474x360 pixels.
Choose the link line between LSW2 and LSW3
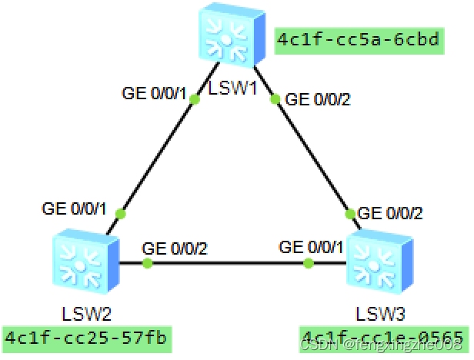(231, 264)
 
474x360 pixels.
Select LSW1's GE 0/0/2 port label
(318, 99)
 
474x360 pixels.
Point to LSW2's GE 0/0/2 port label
(175, 248)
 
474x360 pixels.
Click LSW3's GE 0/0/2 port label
(390, 212)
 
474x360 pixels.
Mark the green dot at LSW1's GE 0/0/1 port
(194, 99)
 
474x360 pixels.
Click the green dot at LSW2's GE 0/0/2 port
(147, 264)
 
